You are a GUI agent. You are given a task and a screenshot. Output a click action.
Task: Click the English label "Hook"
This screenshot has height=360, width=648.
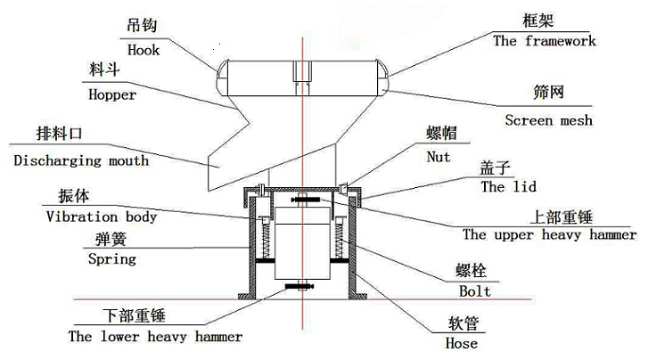point(144,50)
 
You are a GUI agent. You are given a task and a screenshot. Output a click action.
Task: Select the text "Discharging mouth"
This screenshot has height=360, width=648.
point(81,161)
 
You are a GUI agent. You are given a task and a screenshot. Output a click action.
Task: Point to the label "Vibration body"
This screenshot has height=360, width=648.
point(101,216)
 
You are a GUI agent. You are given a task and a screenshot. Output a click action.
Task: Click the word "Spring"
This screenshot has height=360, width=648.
point(112,259)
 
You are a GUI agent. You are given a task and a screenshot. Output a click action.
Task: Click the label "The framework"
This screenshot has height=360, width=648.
point(545,40)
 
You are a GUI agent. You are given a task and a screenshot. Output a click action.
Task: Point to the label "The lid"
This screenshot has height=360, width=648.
point(506,187)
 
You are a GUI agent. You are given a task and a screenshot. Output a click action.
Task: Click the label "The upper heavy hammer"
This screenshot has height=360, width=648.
point(550,235)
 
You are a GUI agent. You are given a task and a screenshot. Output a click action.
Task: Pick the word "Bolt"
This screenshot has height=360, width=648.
point(473,290)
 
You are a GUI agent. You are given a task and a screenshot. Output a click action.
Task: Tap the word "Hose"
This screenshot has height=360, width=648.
point(462,343)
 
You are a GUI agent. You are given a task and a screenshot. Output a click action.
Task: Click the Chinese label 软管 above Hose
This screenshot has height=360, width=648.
point(462,323)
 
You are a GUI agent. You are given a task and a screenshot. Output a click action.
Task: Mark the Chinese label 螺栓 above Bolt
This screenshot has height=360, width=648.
point(474,270)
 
